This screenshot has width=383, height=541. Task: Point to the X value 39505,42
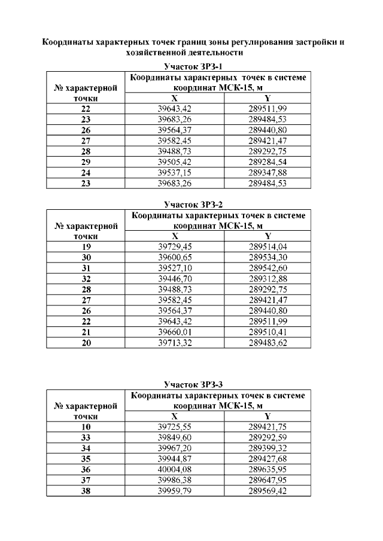coord(174,162)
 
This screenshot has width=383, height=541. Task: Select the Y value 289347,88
coord(268,173)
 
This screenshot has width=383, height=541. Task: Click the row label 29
coord(86,162)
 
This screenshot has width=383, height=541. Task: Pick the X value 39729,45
coord(174,246)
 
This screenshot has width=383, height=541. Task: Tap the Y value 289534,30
coord(268,257)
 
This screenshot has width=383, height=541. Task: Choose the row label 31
coord(86,268)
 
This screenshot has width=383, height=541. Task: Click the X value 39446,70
coord(174,279)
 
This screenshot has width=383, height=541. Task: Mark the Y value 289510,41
coord(268,332)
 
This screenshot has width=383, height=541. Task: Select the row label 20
coord(86,343)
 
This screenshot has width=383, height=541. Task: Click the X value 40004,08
coord(174,469)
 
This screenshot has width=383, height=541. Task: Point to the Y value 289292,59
coord(268,437)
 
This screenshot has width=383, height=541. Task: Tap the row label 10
coord(86,427)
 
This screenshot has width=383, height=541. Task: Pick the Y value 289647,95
coord(268,480)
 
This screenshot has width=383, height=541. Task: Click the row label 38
coord(86,491)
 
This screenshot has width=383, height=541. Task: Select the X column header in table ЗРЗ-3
coord(174,416)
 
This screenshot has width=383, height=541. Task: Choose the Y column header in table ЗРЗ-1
coord(268,98)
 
